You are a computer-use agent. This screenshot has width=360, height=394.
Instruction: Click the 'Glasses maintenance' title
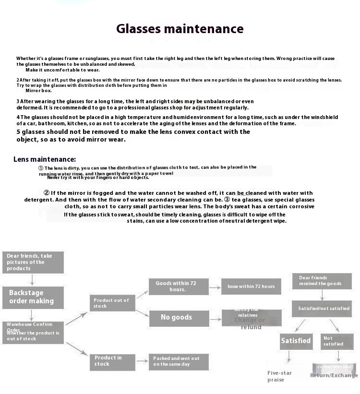pos(180,29)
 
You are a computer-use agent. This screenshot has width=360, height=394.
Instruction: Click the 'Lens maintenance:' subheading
pos(45,159)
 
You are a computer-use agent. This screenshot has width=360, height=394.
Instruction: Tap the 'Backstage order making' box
pos(33,297)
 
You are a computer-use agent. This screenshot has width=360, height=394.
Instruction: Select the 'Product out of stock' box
pos(112,303)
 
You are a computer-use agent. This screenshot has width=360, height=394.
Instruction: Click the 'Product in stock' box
pos(112,361)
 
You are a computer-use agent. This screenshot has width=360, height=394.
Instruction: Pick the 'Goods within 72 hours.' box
pos(179,287)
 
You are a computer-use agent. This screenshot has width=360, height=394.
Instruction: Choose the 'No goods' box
pos(179,317)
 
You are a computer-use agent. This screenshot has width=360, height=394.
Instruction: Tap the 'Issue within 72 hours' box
pos(251,287)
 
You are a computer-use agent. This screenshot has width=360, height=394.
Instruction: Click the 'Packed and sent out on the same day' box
pos(179,361)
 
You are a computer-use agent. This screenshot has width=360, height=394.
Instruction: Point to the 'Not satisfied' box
pos(337,341)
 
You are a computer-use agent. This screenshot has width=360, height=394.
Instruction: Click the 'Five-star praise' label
pos(279,376)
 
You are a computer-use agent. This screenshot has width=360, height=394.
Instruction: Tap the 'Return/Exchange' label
pos(334,375)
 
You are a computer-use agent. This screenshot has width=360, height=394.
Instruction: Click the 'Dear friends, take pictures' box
pos(33,263)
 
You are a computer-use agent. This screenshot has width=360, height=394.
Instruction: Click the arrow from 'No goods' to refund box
pos(215,318)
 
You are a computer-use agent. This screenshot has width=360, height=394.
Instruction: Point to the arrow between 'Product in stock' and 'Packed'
pos(142,361)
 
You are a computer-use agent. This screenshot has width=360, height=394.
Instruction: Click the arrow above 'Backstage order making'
pos(32,280)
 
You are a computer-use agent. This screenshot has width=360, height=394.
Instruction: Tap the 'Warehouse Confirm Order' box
pos(33,332)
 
